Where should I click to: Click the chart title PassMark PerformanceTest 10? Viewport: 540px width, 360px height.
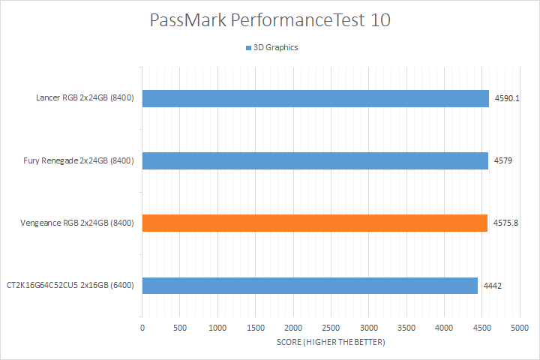(x=270, y=20)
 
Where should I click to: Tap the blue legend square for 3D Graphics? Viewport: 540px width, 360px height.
(x=247, y=48)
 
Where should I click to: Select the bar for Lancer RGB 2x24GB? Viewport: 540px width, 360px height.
(x=315, y=98)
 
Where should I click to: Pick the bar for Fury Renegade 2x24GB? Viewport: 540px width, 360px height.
(x=315, y=160)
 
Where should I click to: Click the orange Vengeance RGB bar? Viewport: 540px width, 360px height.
(x=314, y=223)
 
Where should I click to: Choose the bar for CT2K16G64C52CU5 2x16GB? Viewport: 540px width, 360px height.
(x=310, y=285)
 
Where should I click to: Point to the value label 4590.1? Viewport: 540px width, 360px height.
(x=506, y=98)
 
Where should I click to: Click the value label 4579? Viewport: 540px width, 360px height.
(x=502, y=160)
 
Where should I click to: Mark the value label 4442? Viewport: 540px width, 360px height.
(x=492, y=285)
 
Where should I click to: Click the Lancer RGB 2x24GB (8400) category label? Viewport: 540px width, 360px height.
(x=85, y=98)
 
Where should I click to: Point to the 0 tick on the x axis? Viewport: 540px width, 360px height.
(x=142, y=328)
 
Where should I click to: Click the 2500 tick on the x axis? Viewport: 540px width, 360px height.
(x=331, y=328)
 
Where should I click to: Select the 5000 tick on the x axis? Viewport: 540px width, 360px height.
(x=520, y=328)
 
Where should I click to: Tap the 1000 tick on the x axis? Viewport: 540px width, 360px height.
(x=217, y=328)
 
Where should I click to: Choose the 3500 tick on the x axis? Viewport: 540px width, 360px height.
(x=406, y=328)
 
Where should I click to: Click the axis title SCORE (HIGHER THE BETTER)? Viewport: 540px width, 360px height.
(x=331, y=343)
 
